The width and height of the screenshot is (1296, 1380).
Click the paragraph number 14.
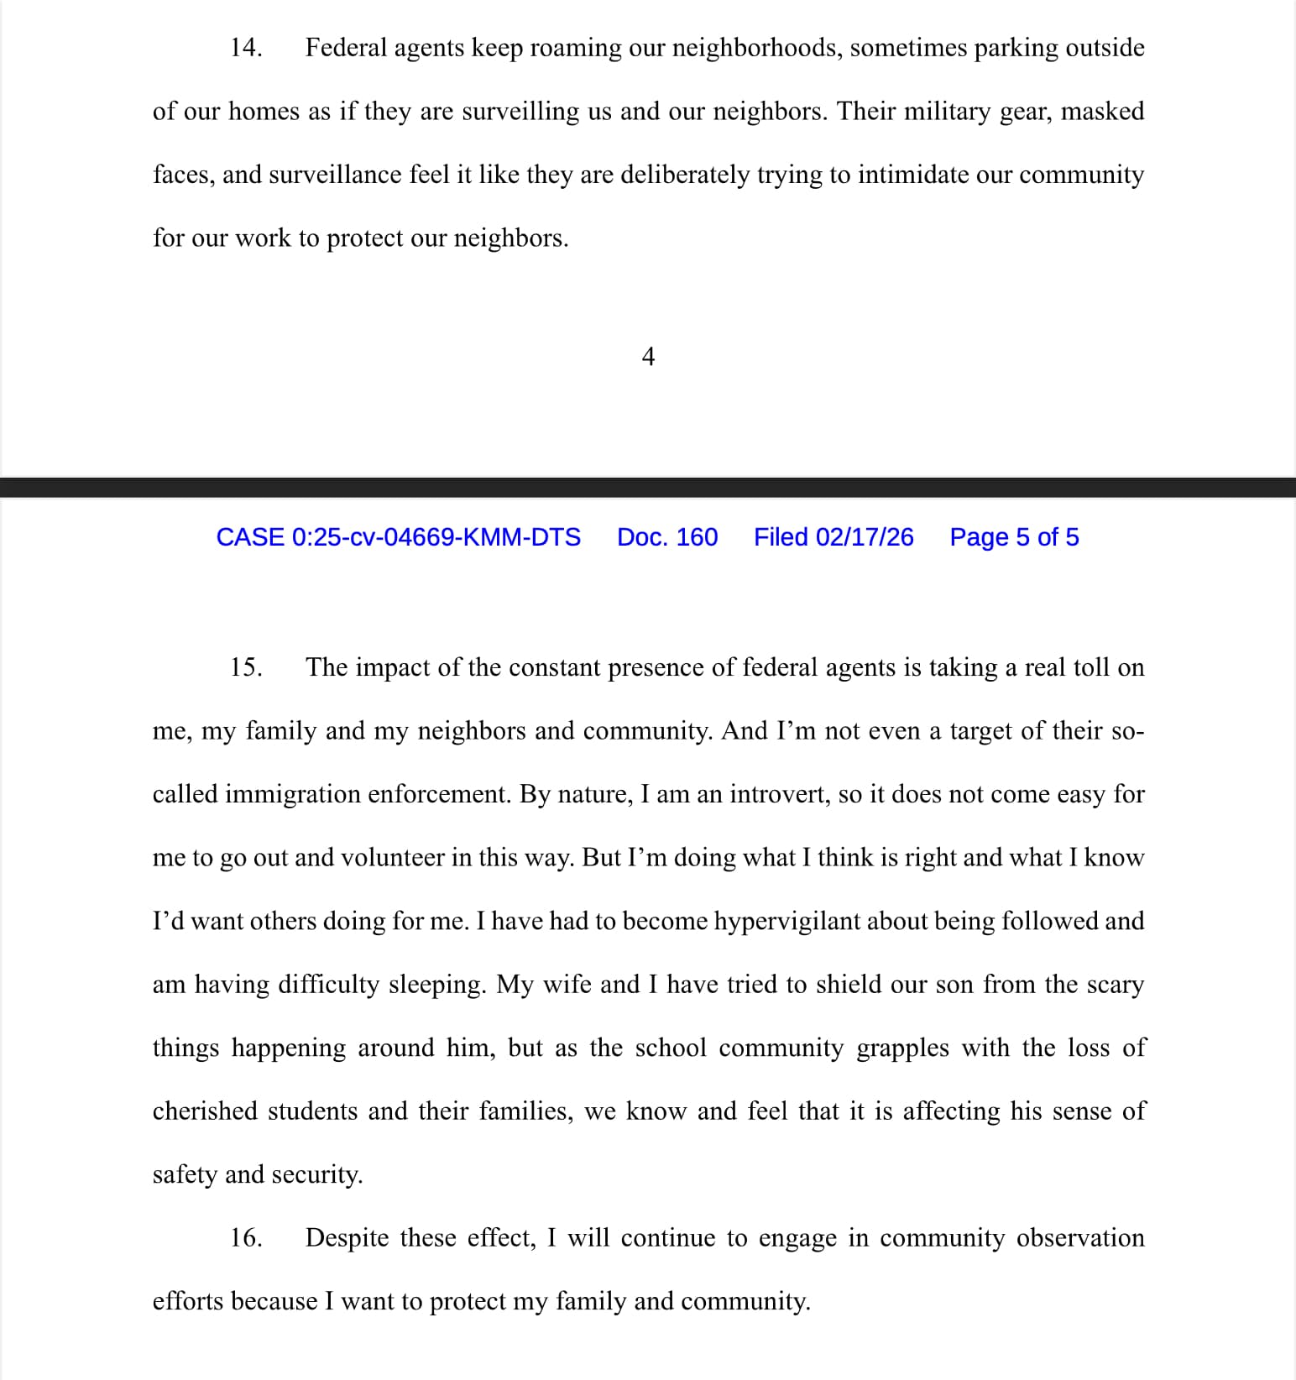[246, 48]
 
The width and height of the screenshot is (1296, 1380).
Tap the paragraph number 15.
[246, 667]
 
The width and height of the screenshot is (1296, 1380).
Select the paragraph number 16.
[246, 1238]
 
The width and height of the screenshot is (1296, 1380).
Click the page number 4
[648, 358]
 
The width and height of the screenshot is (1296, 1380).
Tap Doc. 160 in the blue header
[667, 537]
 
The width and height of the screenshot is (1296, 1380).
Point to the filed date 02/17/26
[865, 537]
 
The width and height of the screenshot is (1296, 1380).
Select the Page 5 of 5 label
[1014, 537]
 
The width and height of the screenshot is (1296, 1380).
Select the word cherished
[205, 1111]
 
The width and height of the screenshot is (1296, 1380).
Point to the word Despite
[347, 1238]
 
